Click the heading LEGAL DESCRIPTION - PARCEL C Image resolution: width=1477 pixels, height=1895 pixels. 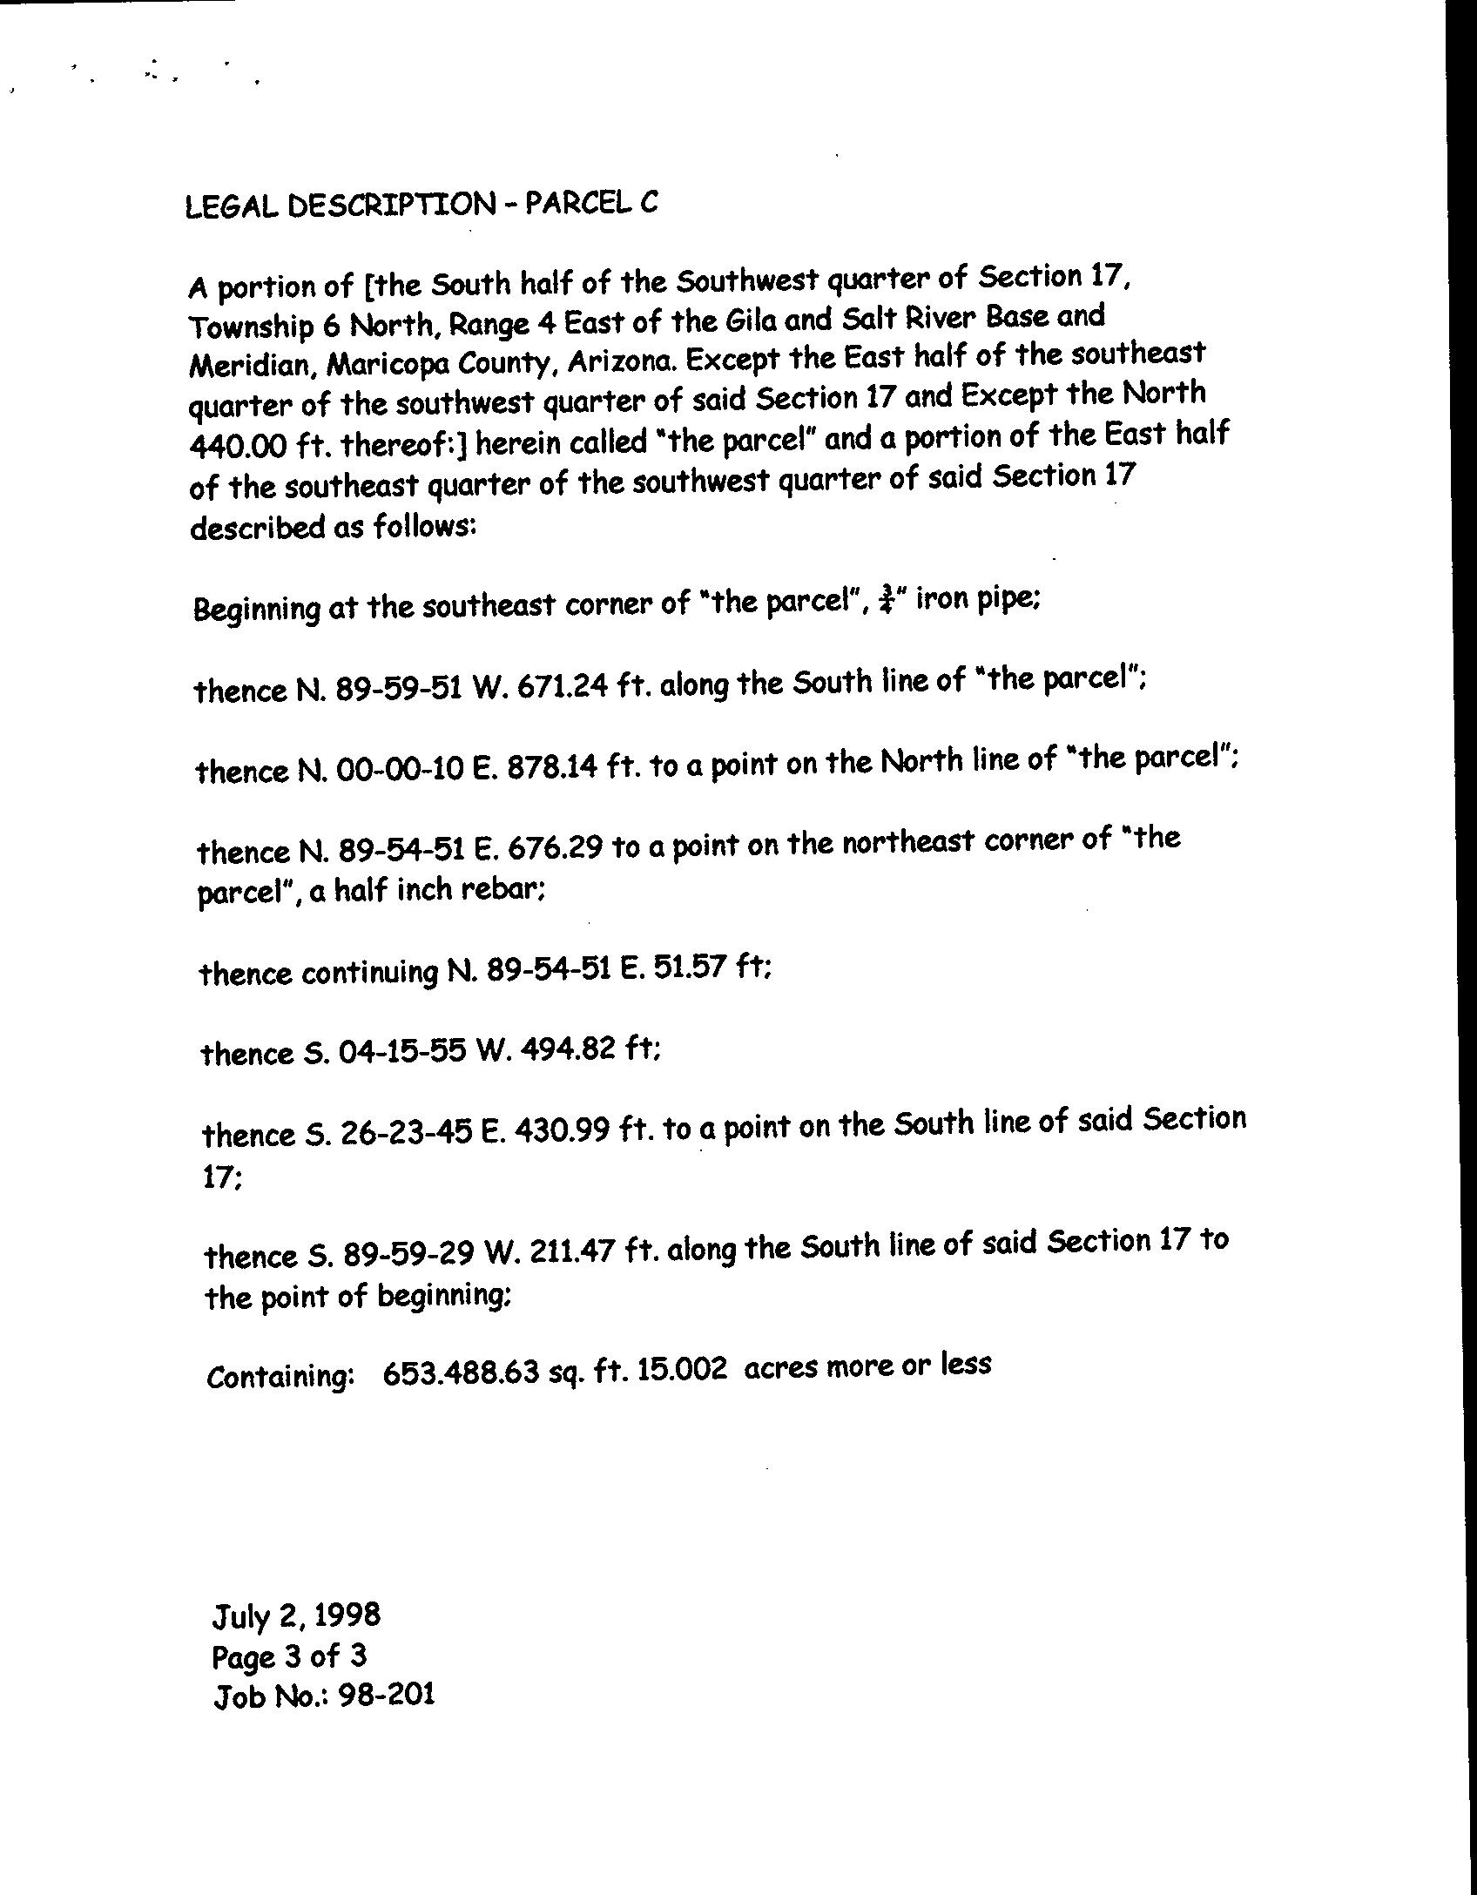point(422,206)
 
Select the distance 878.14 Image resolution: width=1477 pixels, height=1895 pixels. point(553,767)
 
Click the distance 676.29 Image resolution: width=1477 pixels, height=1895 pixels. point(554,848)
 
